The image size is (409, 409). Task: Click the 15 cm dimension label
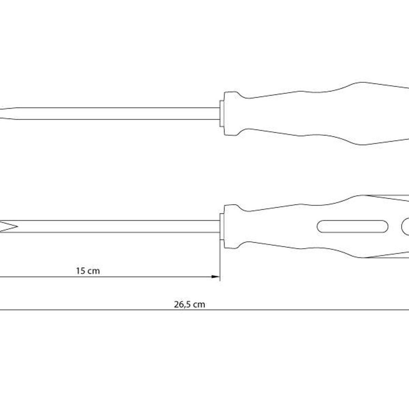[x=88, y=271]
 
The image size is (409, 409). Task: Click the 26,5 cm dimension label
[x=189, y=305]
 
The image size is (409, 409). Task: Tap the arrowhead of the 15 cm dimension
[x=215, y=276]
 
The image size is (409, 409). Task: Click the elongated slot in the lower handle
[x=352, y=226]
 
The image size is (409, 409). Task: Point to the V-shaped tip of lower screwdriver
[x=9, y=227]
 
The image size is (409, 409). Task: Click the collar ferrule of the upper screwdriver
[x=222, y=114]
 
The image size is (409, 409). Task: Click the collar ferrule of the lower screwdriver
[x=222, y=227]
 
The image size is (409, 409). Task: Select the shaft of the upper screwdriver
[x=118, y=113]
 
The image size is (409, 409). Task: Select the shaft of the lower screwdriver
[x=118, y=226]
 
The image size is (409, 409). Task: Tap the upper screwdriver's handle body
[x=316, y=113]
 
